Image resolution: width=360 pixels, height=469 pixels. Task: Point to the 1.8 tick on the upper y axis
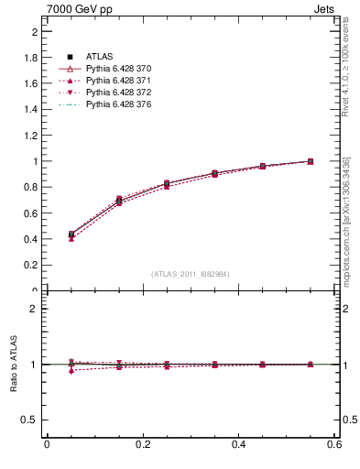pyautogui.click(x=34, y=58)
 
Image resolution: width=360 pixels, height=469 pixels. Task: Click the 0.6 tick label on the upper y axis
pyautogui.click(x=34, y=213)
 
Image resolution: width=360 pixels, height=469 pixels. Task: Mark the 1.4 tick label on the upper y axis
pyautogui.click(x=34, y=110)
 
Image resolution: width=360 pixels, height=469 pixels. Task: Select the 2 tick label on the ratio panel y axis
pyautogui.click(x=36, y=309)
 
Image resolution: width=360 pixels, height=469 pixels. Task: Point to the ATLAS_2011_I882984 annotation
pyautogui.click(x=190, y=274)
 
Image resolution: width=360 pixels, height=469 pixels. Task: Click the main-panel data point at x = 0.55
pyautogui.click(x=311, y=161)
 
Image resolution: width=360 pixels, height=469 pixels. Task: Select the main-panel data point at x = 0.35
pyautogui.click(x=214, y=173)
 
